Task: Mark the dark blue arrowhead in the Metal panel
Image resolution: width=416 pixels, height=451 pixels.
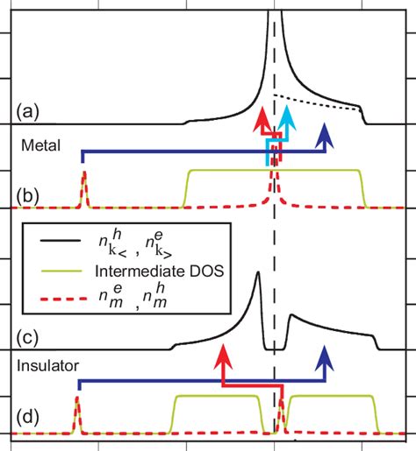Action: [x=326, y=133]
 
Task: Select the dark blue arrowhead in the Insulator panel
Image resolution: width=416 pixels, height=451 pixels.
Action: [x=326, y=355]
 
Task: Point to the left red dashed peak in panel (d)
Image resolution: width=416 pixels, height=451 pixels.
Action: [x=76, y=405]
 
